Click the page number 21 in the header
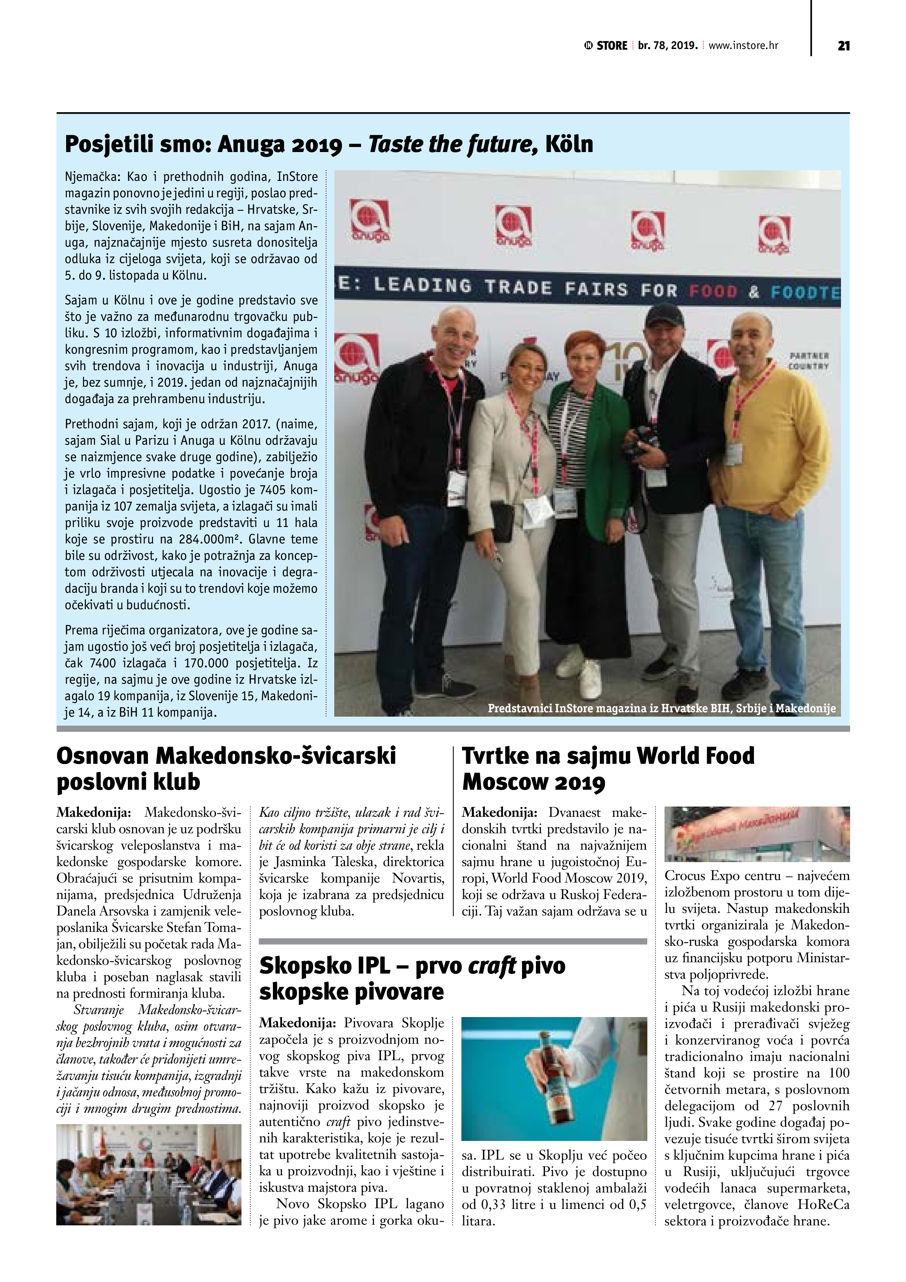click(x=844, y=46)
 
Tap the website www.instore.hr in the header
click(x=743, y=46)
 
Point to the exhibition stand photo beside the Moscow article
click(x=756, y=834)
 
